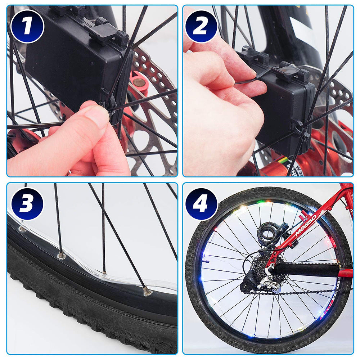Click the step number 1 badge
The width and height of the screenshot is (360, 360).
(x=27, y=27)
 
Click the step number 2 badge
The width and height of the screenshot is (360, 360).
(x=201, y=27)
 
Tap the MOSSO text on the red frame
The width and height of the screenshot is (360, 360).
(x=306, y=225)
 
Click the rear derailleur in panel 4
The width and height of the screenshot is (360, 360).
(x=268, y=281)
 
